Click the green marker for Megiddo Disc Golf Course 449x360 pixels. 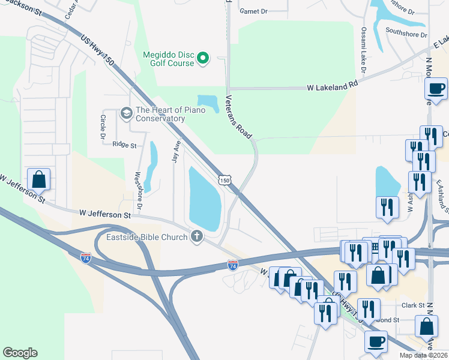coord(203,58)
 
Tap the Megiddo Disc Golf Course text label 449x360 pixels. coord(169,59)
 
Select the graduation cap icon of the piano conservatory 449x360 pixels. coord(126,112)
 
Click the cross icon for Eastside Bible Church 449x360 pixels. coord(196,236)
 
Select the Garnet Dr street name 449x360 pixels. coord(253,11)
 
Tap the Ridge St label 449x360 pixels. coord(124,145)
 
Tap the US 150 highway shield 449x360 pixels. coord(224,180)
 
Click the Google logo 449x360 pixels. coord(20,353)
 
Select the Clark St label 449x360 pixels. coord(413,305)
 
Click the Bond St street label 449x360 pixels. coord(388,320)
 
